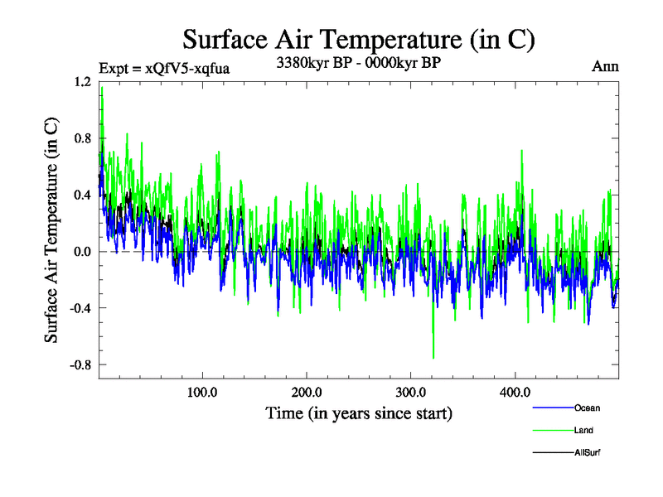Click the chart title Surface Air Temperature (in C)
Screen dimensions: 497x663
click(x=359, y=39)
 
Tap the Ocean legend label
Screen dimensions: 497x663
click(x=587, y=408)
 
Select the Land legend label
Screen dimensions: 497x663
click(x=583, y=430)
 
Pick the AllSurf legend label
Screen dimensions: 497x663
click(x=587, y=452)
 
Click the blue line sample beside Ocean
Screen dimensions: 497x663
click(x=551, y=408)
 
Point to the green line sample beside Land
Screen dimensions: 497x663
click(x=551, y=430)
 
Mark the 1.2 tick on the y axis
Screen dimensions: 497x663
click(x=82, y=82)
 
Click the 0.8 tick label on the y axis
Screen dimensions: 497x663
click(x=82, y=138)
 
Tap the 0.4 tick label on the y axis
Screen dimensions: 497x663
click(x=82, y=195)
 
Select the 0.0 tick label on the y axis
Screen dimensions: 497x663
click(x=82, y=252)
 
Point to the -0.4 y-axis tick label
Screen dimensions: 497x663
click(x=80, y=308)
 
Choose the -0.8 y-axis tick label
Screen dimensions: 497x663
click(x=80, y=364)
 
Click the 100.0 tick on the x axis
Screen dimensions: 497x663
click(x=202, y=391)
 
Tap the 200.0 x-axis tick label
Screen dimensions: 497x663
click(x=307, y=391)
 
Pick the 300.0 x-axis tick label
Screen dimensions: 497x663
click(x=411, y=391)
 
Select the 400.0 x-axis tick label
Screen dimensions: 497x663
click(x=515, y=391)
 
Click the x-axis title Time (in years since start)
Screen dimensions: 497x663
click(x=359, y=412)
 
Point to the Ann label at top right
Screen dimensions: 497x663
click(x=605, y=66)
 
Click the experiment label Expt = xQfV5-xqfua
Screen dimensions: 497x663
click(x=164, y=68)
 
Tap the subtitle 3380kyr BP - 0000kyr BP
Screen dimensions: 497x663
click(x=359, y=61)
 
